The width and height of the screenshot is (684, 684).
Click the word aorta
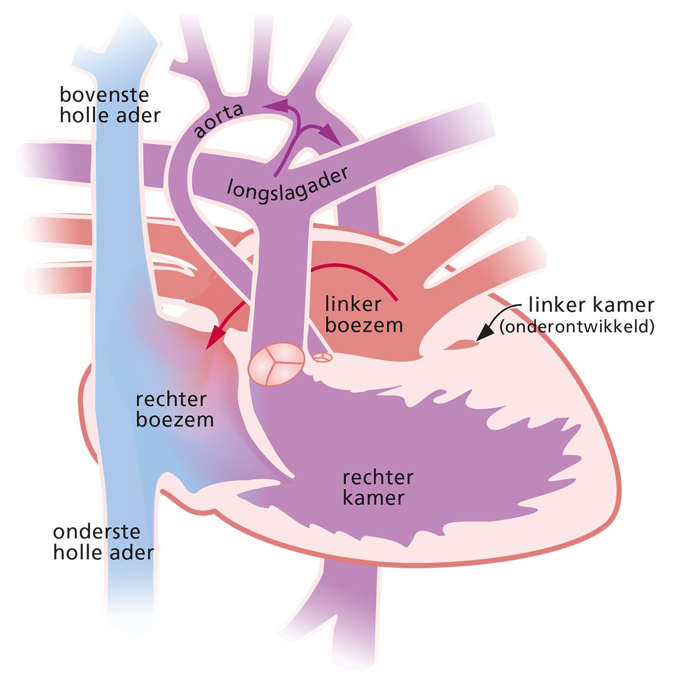click(x=219, y=120)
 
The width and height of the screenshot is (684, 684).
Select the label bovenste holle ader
click(x=110, y=105)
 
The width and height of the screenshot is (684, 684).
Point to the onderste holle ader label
click(x=103, y=542)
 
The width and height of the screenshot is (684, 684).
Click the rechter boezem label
click(x=174, y=409)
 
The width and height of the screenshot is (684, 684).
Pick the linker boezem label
click(x=363, y=315)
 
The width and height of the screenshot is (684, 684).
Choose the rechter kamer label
click(x=378, y=487)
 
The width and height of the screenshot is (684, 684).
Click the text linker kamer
click(x=591, y=305)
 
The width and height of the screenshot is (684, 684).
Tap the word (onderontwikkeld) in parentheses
click(x=577, y=327)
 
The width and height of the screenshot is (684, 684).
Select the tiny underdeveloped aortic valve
click(x=322, y=357)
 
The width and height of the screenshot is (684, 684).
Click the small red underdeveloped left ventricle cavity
click(x=460, y=345)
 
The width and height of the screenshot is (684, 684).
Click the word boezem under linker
click(x=363, y=325)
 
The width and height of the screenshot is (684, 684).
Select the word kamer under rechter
click(x=373, y=498)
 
